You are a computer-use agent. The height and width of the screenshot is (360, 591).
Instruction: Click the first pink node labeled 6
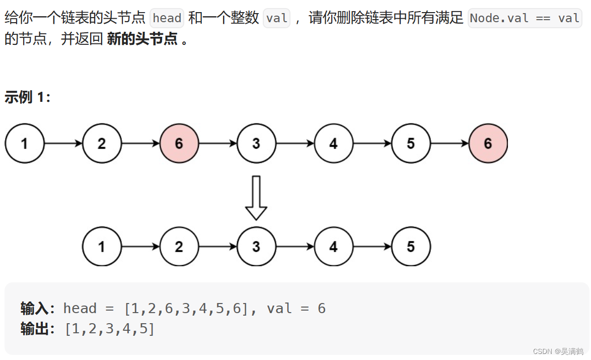coord(179,144)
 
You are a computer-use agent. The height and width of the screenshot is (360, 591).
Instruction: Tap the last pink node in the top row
coord(488,144)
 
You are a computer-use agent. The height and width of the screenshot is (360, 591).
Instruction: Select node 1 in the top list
coord(25,144)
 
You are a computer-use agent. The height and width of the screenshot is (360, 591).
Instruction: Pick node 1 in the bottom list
coord(102,247)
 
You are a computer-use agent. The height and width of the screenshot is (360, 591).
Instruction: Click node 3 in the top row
coord(256,144)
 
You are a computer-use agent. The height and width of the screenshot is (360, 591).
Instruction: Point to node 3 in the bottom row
coord(256,247)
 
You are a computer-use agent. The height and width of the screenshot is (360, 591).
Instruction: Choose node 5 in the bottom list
coord(411,247)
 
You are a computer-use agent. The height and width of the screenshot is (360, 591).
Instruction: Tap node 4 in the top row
coord(333,144)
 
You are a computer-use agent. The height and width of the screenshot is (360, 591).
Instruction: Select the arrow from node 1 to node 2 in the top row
coord(63,144)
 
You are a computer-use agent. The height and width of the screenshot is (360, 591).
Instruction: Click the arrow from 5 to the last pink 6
coord(450,144)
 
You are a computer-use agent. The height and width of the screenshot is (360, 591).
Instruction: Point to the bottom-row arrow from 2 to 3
coord(218,247)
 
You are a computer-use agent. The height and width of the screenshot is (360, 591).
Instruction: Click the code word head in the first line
coord(167,19)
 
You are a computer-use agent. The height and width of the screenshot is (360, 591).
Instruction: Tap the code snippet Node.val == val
coord(525,19)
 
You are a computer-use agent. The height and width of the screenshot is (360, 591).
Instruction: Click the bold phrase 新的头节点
coord(142,39)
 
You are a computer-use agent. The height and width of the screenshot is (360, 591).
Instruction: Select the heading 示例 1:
coord(28,97)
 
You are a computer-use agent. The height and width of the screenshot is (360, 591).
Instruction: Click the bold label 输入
coord(34,308)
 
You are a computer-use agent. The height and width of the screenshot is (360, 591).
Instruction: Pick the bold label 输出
coord(34,329)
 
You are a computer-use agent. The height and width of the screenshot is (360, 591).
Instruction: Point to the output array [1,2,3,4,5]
coord(110,329)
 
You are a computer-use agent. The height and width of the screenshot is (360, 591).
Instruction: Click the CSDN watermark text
coord(558,351)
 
